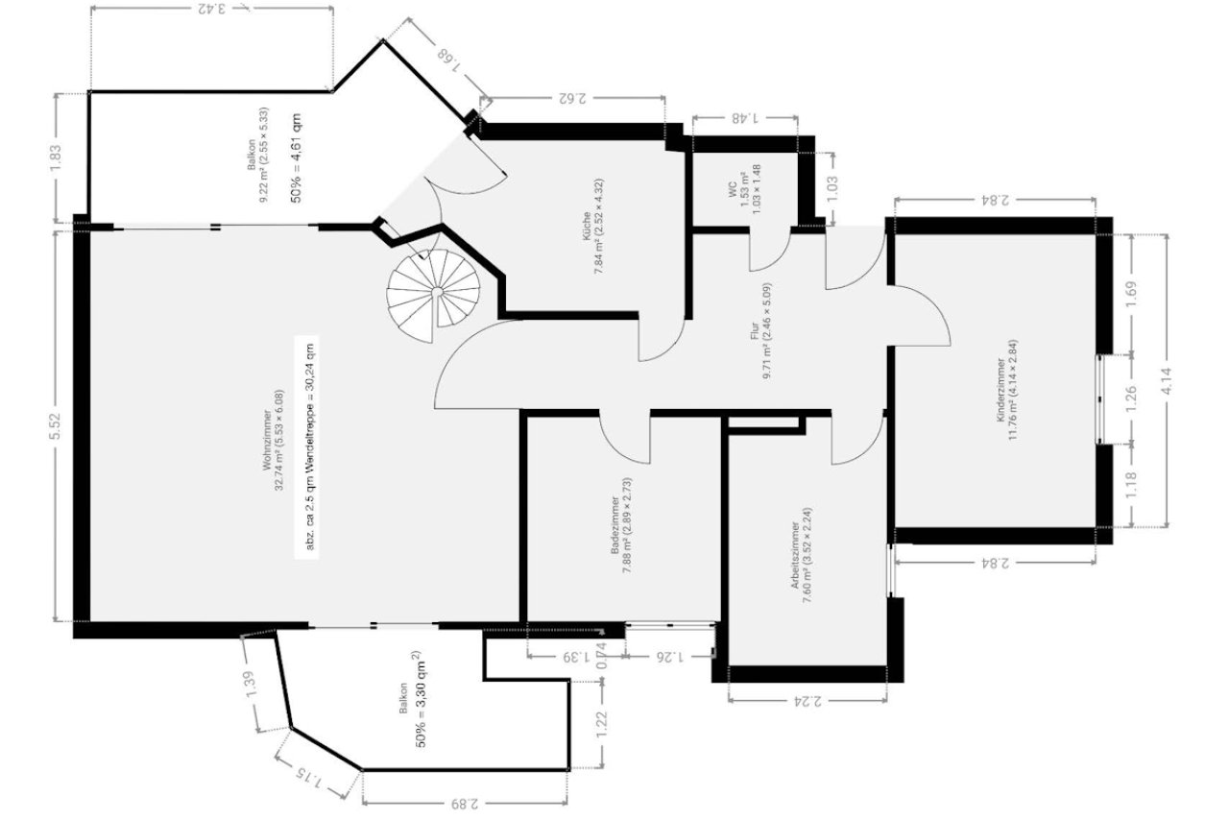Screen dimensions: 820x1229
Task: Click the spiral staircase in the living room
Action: click(434, 288)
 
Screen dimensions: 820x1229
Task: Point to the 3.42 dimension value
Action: click(213, 10)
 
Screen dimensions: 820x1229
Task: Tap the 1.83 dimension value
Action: click(55, 157)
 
